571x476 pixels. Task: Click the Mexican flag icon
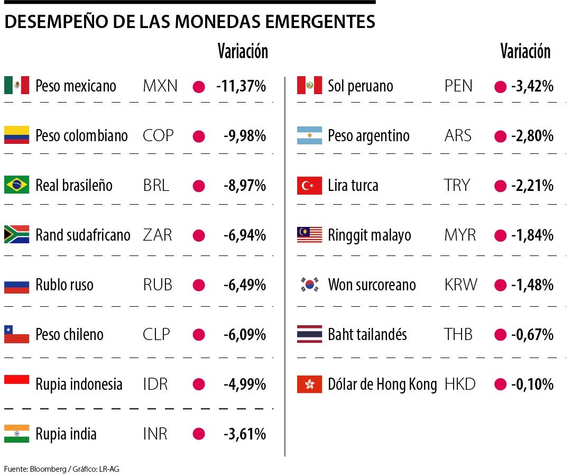pos(16,86)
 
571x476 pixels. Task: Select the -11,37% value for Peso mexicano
pos(241,86)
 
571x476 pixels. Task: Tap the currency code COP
pos(158,135)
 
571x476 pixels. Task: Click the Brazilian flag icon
pos(16,185)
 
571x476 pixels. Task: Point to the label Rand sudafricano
pos(82,235)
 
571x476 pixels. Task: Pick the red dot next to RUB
pos(199,285)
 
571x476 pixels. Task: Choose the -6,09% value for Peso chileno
pos(244,335)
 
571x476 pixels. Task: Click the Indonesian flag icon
pos(16,384)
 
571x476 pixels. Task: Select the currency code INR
pos(155,434)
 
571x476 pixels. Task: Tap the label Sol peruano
pos(360,86)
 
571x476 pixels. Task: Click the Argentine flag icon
pos(309,135)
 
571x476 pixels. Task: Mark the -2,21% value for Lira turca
pos(532,186)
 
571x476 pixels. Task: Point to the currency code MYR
pos(460,235)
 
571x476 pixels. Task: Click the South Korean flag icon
pos(309,285)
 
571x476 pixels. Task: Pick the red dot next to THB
pos(500,335)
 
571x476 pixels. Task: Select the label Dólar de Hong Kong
pos(382,385)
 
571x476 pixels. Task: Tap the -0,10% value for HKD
pos(532,385)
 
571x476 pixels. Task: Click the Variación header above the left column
pos(243,51)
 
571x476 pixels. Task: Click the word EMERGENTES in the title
pos(320,22)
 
